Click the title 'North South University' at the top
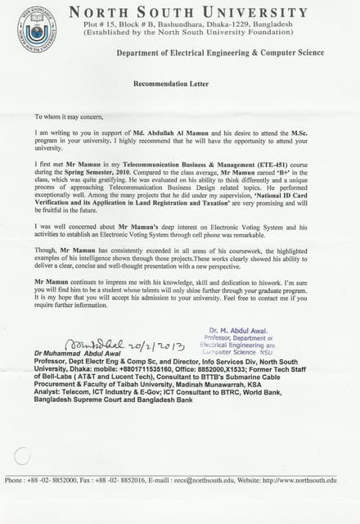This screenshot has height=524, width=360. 188,12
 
